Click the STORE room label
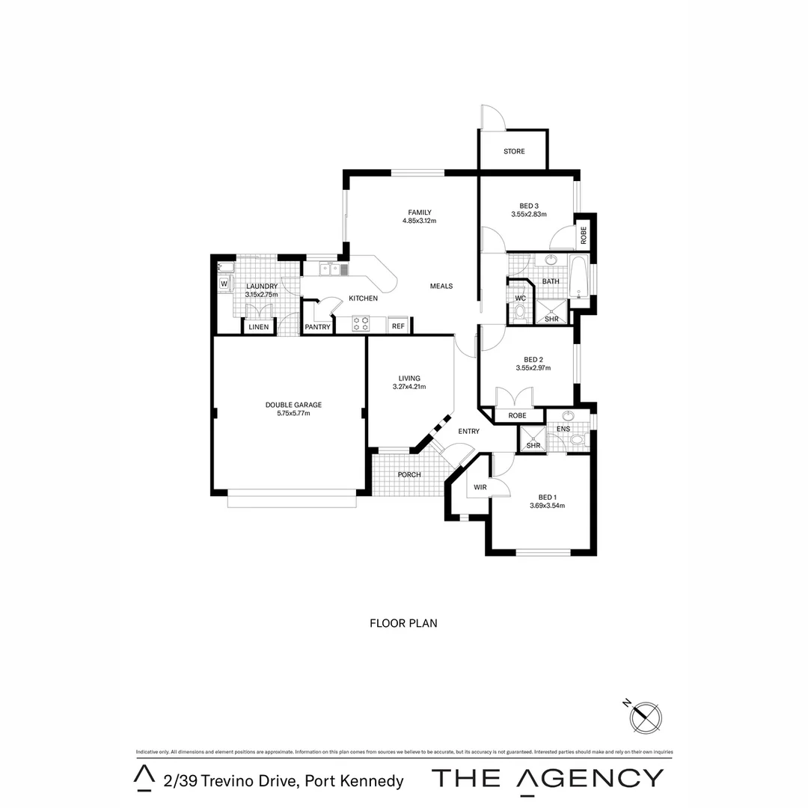click(x=514, y=152)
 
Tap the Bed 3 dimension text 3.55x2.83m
click(x=529, y=215)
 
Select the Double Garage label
click(x=288, y=405)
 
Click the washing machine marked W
click(x=223, y=284)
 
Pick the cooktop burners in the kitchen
click(x=361, y=323)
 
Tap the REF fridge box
click(x=398, y=326)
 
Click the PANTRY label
click(x=317, y=327)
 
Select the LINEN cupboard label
click(x=258, y=327)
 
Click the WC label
click(x=521, y=299)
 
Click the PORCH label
click(x=409, y=475)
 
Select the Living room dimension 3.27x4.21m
click(x=409, y=387)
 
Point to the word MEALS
click(x=441, y=287)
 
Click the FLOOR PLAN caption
click(x=403, y=622)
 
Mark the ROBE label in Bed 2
click(x=517, y=415)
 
